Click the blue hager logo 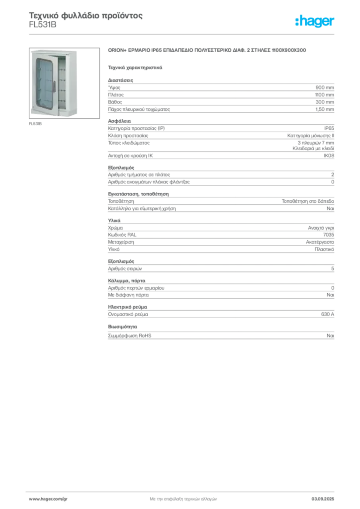click(315, 22)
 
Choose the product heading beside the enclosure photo click(209, 50)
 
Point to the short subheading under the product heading click(135, 66)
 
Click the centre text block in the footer click(183, 498)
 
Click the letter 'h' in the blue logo click(298, 22)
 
